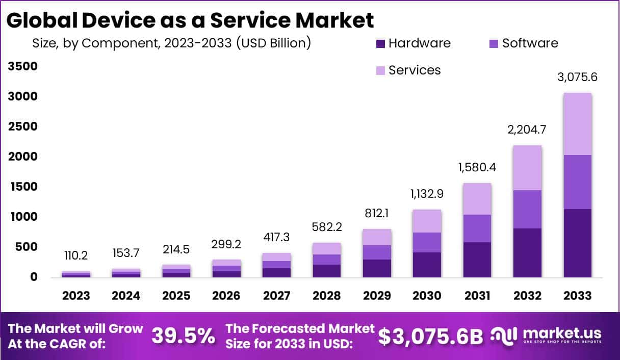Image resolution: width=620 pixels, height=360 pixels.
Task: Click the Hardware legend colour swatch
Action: pyautogui.click(x=380, y=44)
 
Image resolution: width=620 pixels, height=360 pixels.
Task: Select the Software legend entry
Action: pyautogui.click(x=530, y=43)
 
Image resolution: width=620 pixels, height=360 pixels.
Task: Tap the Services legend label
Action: pyautogui.click(x=414, y=70)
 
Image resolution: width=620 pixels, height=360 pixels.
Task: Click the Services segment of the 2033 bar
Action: pyautogui.click(x=577, y=124)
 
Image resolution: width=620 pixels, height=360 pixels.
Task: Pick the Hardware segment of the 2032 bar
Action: pyautogui.click(x=527, y=253)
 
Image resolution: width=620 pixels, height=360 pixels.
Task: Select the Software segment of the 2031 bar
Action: pyautogui.click(x=477, y=228)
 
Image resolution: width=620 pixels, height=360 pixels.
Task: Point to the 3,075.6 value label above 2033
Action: pyautogui.click(x=577, y=78)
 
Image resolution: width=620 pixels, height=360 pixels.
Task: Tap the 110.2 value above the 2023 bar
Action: pyautogui.click(x=76, y=254)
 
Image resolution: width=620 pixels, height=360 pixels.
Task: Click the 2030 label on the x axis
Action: pyautogui.click(x=427, y=296)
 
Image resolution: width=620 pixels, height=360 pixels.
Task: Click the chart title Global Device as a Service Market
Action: pyautogui.click(x=190, y=20)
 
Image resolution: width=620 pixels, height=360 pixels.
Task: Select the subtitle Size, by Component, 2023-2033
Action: pyautogui.click(x=171, y=43)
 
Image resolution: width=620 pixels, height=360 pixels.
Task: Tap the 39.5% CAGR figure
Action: pyautogui.click(x=184, y=336)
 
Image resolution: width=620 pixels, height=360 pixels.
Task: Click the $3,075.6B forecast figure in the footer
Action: pyautogui.click(x=430, y=336)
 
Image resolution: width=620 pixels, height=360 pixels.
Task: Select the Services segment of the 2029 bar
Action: pyautogui.click(x=377, y=237)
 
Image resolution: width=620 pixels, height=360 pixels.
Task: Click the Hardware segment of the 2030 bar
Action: pyautogui.click(x=427, y=265)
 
